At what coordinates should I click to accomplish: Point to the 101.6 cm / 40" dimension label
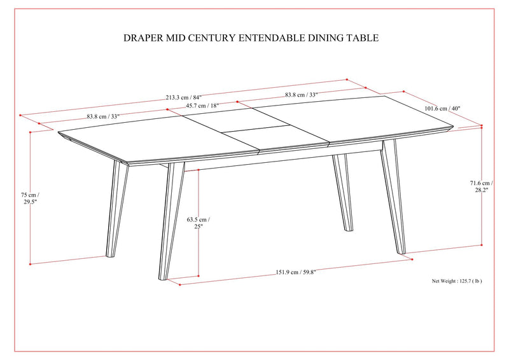coord(442,109)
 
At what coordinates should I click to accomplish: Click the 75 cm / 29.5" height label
coord(29,199)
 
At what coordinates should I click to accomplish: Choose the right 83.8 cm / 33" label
coord(302,95)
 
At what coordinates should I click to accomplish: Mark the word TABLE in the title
coord(361,38)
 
